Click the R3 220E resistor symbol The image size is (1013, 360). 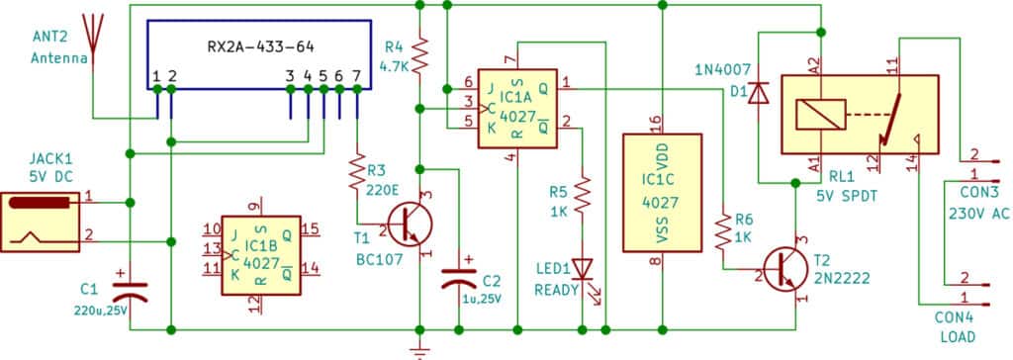click(x=357, y=175)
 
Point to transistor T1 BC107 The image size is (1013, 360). click(x=407, y=225)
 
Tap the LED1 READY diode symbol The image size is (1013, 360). click(x=583, y=268)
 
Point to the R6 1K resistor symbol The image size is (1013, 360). click(x=727, y=229)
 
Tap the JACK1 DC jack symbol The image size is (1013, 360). click(x=40, y=219)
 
